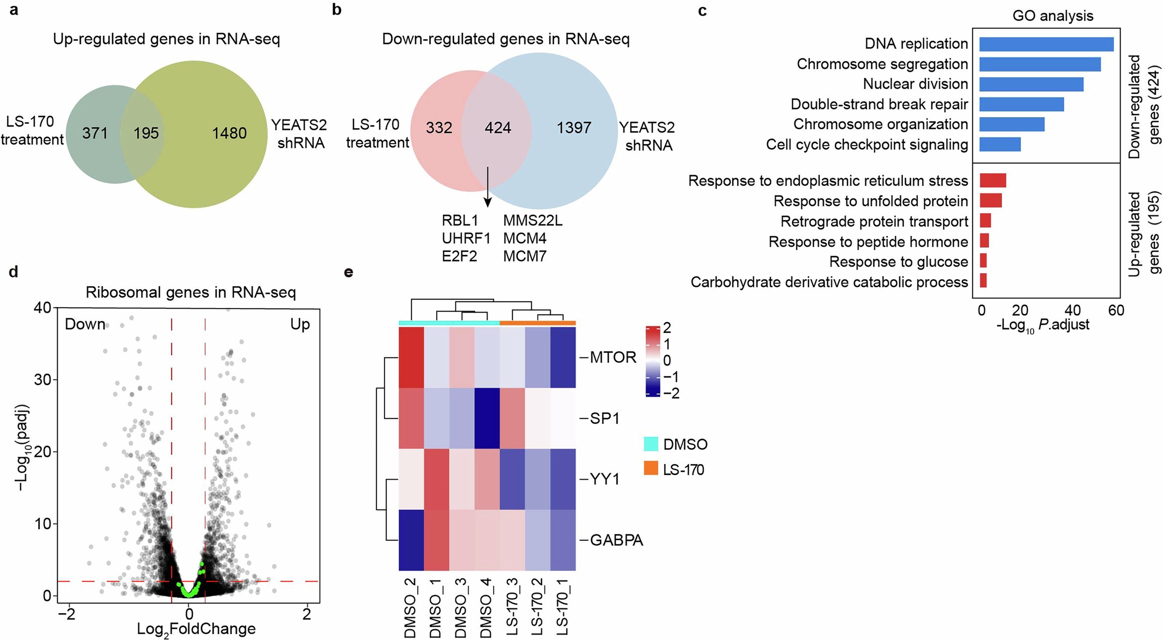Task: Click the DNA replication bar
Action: click(x=1046, y=44)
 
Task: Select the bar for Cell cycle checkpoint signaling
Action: click(x=1000, y=144)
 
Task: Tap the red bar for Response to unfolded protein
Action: click(x=990, y=200)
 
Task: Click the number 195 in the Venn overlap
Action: click(x=146, y=133)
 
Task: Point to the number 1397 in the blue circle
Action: click(x=573, y=128)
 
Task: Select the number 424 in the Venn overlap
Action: click(x=498, y=128)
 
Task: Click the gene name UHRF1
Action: click(x=466, y=238)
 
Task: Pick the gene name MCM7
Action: click(x=525, y=256)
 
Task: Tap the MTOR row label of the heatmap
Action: click(x=613, y=357)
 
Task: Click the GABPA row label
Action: click(x=616, y=540)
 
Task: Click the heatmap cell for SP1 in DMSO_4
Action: click(x=487, y=418)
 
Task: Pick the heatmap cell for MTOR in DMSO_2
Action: click(x=411, y=357)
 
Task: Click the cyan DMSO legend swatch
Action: click(x=651, y=444)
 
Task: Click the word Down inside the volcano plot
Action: click(x=85, y=324)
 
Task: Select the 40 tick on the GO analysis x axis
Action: click(x=1072, y=311)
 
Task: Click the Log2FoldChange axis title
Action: click(x=196, y=629)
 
